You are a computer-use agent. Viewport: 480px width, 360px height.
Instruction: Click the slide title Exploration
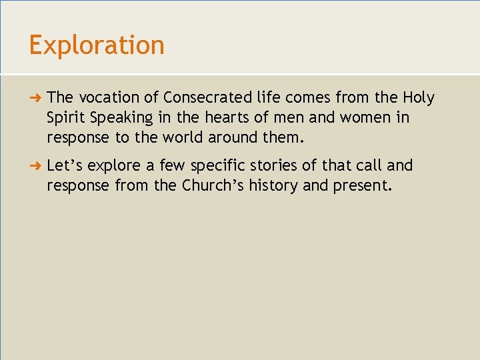point(97,45)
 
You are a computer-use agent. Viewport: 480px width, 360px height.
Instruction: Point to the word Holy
point(418,98)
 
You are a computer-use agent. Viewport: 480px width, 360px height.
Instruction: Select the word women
point(365,118)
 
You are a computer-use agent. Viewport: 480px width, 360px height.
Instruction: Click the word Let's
point(65,165)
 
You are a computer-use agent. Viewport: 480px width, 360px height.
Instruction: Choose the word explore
point(115,165)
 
